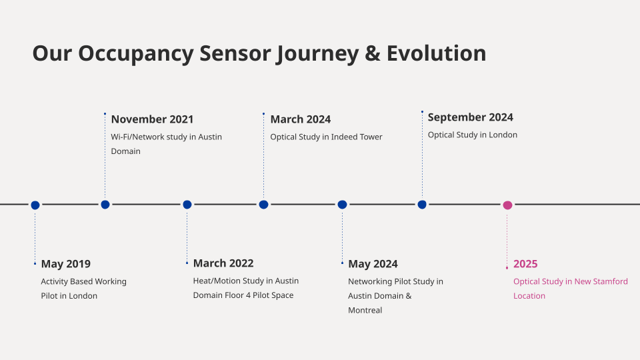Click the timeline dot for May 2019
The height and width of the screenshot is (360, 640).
tap(35, 205)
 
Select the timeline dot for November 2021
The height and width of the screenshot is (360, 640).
tap(105, 205)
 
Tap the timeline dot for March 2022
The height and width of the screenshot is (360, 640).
tap(187, 205)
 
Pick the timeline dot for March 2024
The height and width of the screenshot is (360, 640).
tap(264, 205)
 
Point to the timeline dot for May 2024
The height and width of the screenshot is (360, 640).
tap(342, 205)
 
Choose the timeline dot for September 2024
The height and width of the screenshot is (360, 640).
tap(422, 205)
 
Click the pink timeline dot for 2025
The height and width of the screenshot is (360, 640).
tap(507, 205)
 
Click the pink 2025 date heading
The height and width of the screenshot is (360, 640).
tap(525, 264)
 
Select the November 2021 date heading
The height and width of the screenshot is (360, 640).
tap(152, 119)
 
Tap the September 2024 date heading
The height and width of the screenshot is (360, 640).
tap(470, 117)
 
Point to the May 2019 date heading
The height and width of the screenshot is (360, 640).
tap(66, 264)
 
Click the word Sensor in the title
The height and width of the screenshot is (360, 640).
tap(235, 53)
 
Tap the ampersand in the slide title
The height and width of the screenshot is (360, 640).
tap(372, 53)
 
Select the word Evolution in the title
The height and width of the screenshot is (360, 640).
tap(436, 53)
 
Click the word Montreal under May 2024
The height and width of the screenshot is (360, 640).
tap(365, 310)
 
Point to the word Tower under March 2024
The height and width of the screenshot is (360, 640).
tap(371, 137)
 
